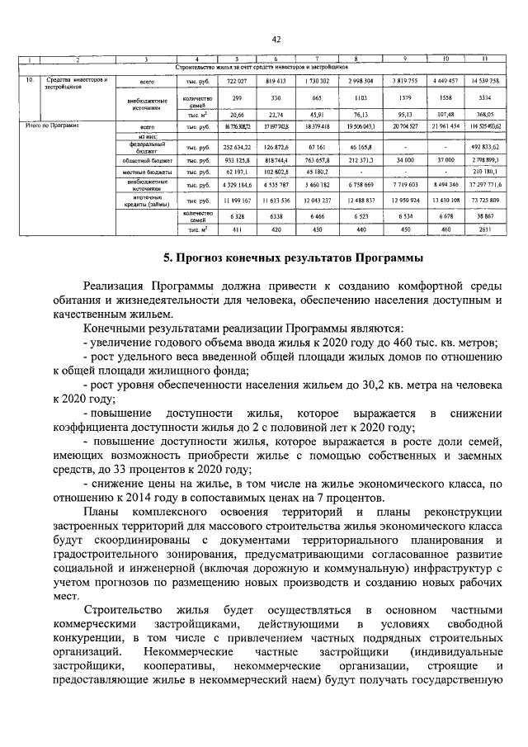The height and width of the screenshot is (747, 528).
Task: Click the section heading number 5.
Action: pos(166,258)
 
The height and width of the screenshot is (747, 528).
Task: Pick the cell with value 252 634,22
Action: pos(238,147)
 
